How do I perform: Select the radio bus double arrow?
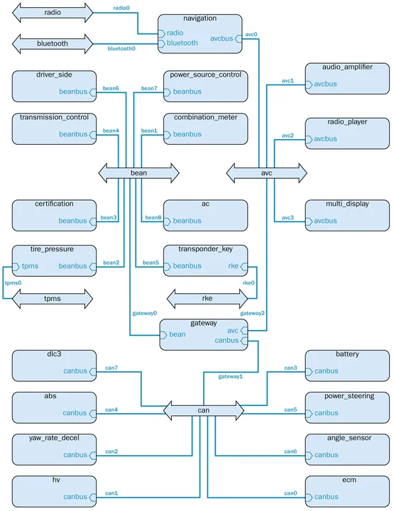(x=53, y=11)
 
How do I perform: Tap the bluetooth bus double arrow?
(x=53, y=43)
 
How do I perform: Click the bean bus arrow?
(x=138, y=172)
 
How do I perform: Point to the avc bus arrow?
(x=266, y=172)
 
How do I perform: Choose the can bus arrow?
(x=204, y=410)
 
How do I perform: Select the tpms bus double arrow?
(x=53, y=299)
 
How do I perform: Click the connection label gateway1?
(x=230, y=376)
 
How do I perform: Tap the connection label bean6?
(x=111, y=88)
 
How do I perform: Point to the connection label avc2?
(x=287, y=135)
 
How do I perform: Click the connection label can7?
(x=111, y=368)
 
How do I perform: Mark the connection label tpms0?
(x=13, y=282)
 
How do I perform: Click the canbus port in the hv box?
(x=75, y=497)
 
